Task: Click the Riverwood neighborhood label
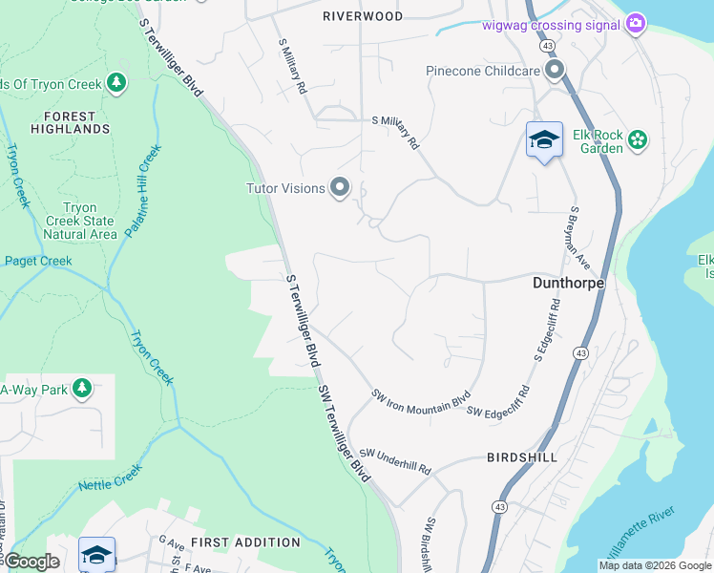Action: (x=363, y=16)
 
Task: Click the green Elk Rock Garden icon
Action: (x=638, y=141)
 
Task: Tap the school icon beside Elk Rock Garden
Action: (x=544, y=139)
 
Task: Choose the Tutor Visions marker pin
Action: (x=339, y=188)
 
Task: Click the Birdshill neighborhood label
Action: (x=521, y=457)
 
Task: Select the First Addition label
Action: (x=245, y=542)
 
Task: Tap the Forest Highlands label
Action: (x=70, y=121)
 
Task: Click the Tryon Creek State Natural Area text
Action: (x=80, y=221)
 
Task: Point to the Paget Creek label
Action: (x=38, y=261)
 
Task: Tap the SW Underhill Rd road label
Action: (x=395, y=462)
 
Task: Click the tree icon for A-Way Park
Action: (x=82, y=389)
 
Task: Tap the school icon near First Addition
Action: (x=96, y=554)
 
